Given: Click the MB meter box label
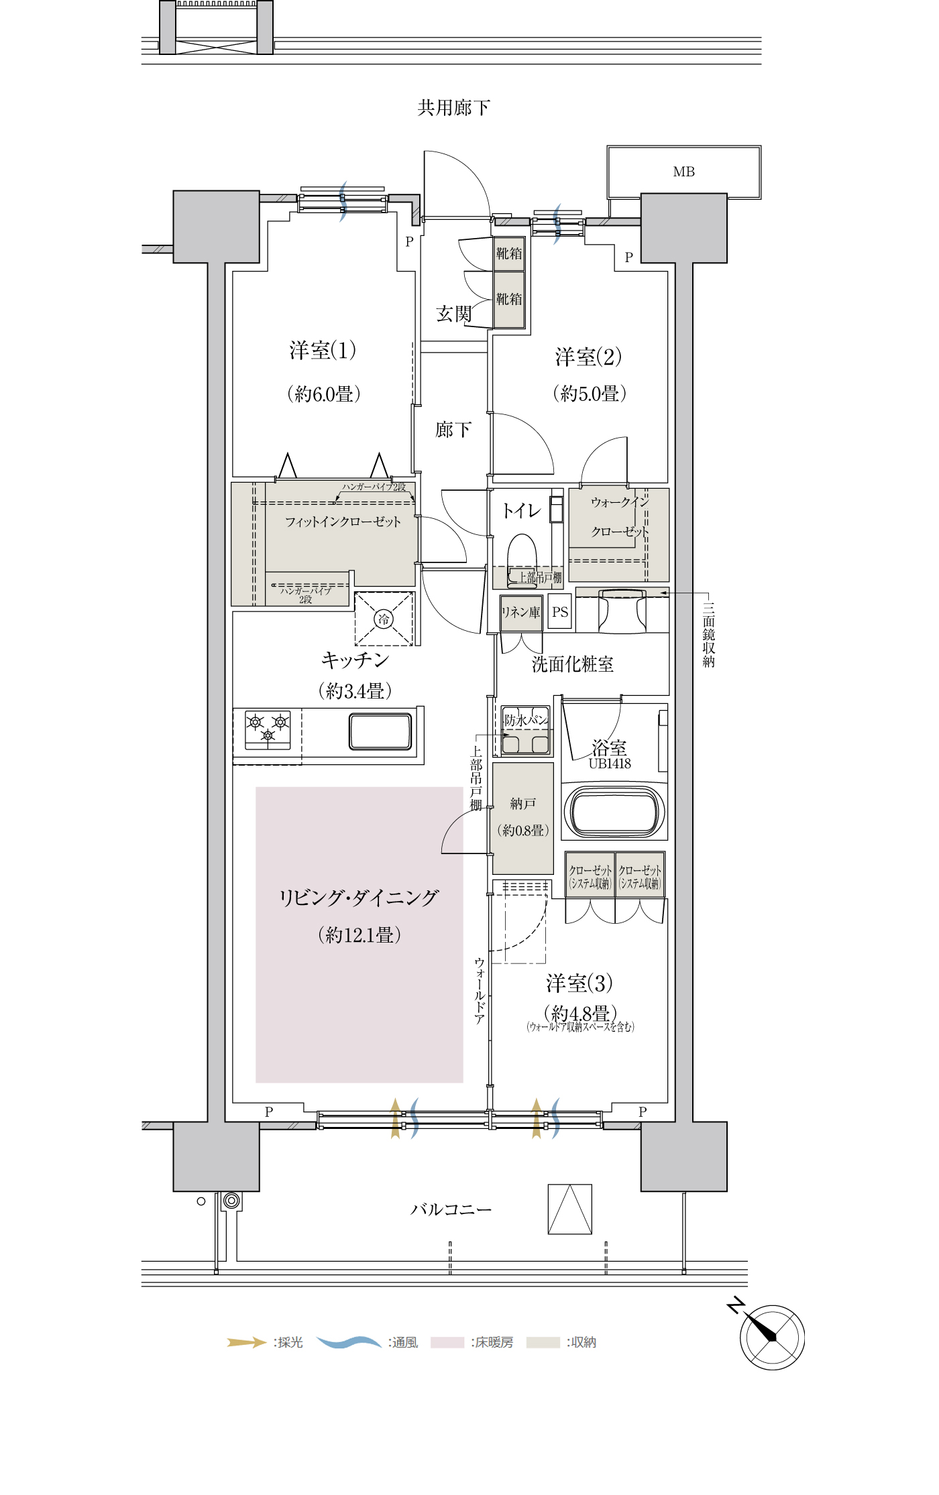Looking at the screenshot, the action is (683, 172).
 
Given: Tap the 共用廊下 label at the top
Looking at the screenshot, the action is (453, 107).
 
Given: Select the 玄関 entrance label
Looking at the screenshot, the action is (453, 314).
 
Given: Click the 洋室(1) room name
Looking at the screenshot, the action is (323, 350).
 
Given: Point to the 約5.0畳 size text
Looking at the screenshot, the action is (590, 393).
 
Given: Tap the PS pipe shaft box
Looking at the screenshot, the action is (560, 611).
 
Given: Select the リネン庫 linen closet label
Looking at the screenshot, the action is (520, 612).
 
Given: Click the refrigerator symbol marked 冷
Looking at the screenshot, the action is (384, 619).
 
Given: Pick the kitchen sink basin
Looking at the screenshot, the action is (380, 731).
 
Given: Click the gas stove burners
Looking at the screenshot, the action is (268, 729).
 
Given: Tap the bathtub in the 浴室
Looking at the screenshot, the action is (614, 811).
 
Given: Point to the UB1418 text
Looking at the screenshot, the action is (610, 763).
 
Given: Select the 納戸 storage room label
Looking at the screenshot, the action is (522, 803).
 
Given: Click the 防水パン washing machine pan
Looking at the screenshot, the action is (526, 731).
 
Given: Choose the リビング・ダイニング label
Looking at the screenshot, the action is (359, 898).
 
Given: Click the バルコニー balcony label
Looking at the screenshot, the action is (451, 1209).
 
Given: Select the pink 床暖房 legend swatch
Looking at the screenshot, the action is (447, 1342).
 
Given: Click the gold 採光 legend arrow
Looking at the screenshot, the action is (247, 1342).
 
